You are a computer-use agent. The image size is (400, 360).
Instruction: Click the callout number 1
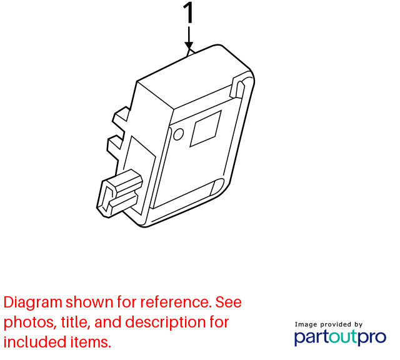(188, 12)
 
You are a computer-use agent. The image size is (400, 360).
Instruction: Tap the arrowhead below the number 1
(189, 46)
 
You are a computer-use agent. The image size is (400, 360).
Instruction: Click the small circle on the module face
(178, 134)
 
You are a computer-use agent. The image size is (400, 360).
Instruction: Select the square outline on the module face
(206, 129)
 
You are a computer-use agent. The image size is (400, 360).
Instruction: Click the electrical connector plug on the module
(119, 193)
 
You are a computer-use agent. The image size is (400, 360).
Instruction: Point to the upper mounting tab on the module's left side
(121, 115)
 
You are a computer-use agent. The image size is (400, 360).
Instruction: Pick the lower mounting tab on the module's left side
(115, 144)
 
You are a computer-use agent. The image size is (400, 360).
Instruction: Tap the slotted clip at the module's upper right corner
(237, 89)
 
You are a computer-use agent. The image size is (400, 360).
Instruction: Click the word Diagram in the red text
(33, 302)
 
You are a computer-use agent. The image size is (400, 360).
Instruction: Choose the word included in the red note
(35, 342)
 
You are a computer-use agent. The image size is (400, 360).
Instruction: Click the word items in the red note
(91, 342)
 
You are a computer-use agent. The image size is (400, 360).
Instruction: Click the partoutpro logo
(340, 337)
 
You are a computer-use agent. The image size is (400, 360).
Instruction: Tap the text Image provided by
(329, 324)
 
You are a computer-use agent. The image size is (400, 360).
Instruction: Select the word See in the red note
(229, 302)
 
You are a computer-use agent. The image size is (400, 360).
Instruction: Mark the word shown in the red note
(89, 302)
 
